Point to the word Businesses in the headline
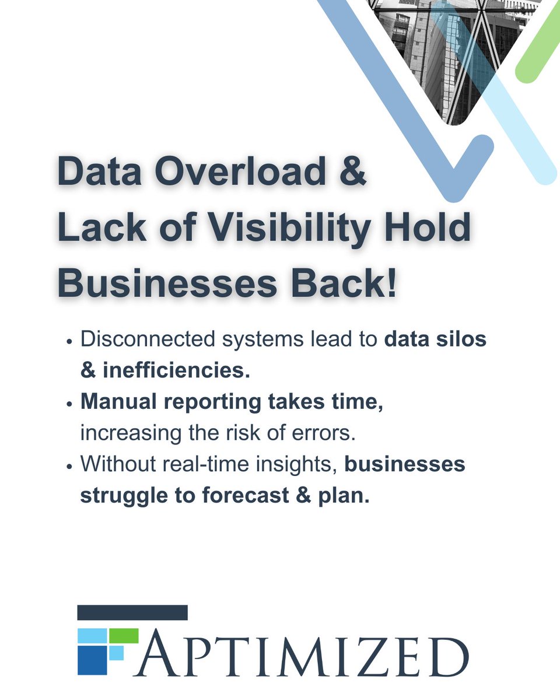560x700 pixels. coord(167,285)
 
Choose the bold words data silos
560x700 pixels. coord(435,339)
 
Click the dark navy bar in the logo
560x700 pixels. coord(132,612)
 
